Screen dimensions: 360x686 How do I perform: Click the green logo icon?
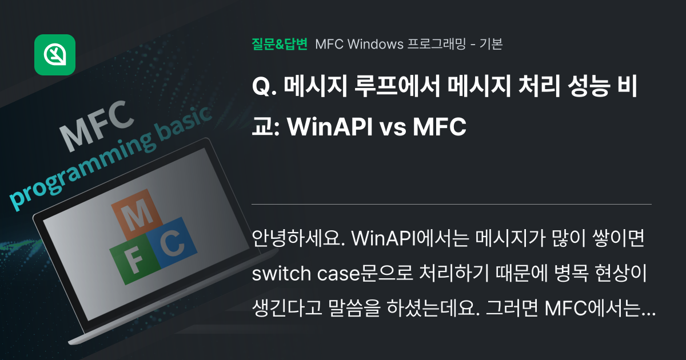[x=55, y=55]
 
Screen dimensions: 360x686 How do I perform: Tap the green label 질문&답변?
[x=280, y=44]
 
